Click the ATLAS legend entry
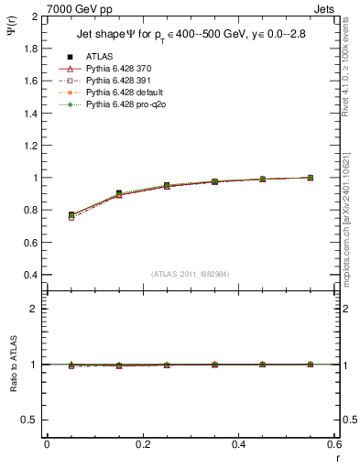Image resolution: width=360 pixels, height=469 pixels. [x=99, y=56]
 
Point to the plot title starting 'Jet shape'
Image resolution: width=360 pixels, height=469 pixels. [x=190, y=34]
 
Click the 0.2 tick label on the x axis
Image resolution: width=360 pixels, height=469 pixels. [x=143, y=444]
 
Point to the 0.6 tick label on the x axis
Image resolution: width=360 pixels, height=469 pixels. [x=334, y=444]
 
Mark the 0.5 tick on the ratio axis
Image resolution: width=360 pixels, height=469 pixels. [x=30, y=420]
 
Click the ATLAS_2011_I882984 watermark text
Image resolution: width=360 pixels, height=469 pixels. [x=190, y=273]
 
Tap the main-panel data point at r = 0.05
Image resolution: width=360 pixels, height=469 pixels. [x=71, y=215]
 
